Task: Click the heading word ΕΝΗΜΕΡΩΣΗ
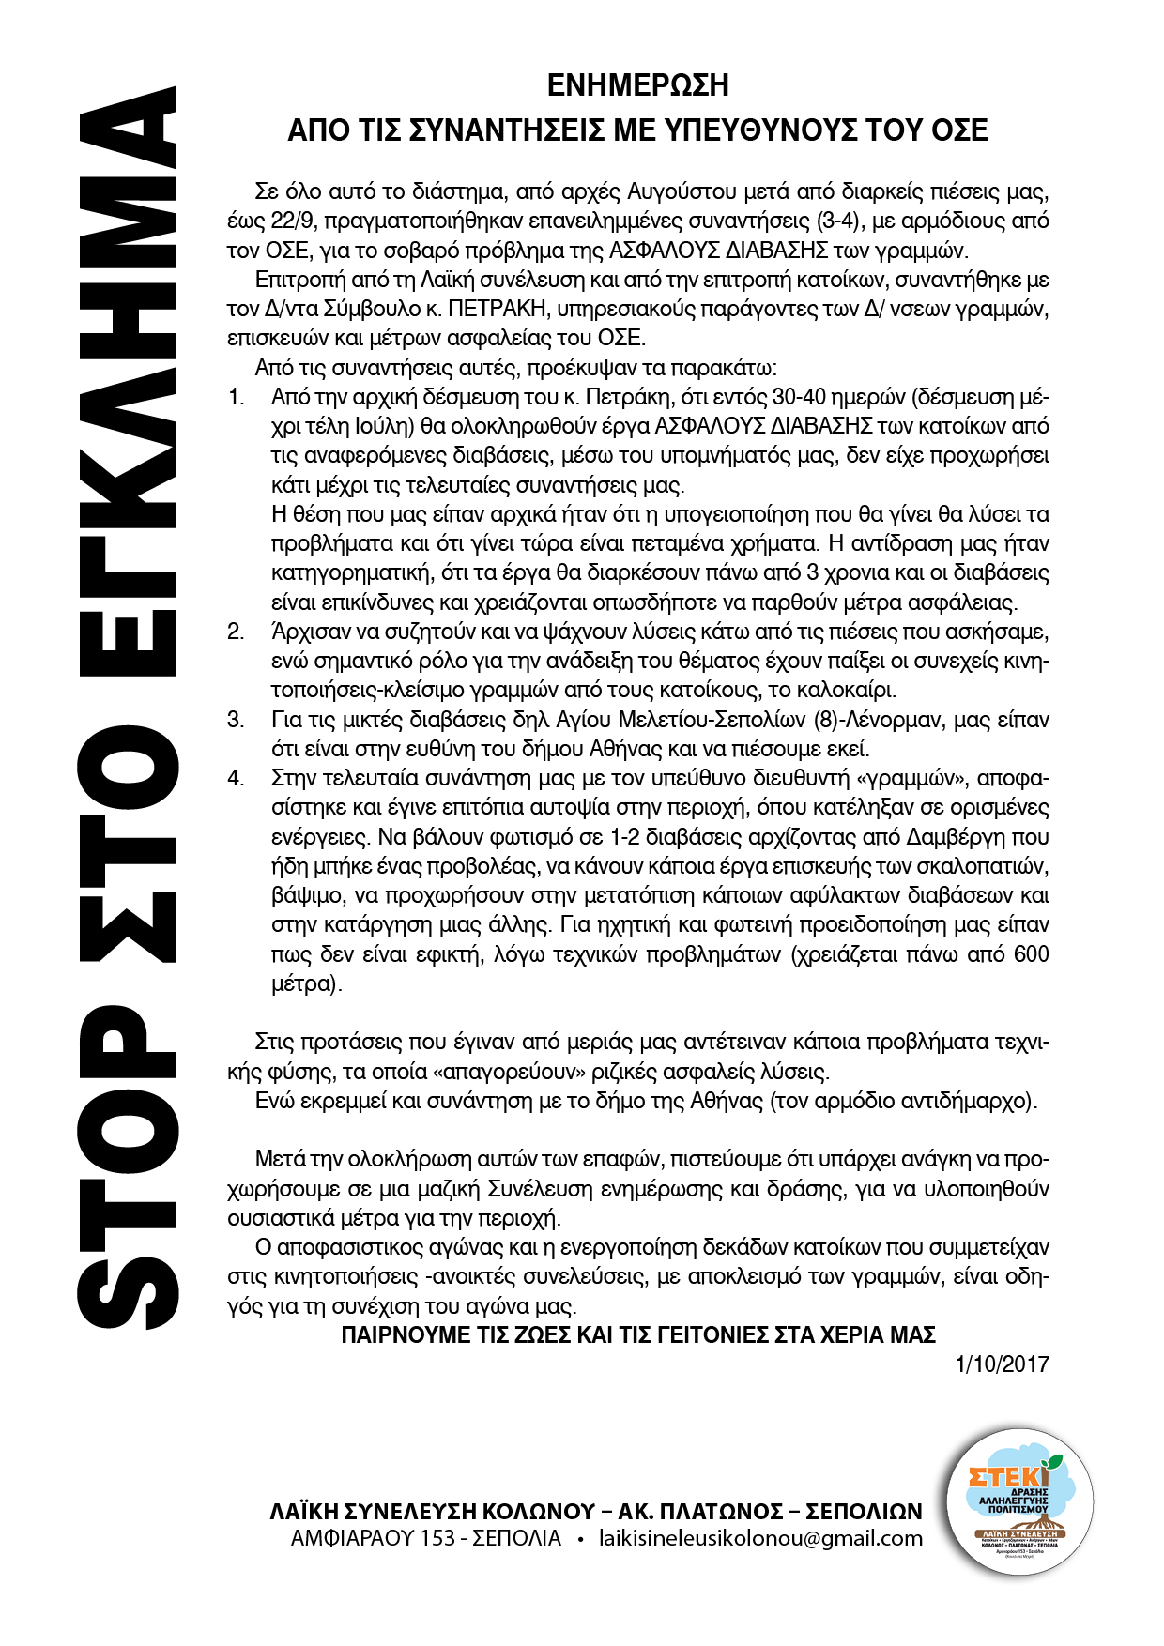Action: [x=637, y=85]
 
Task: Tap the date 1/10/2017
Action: [x=1002, y=1364]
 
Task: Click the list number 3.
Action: [x=235, y=720]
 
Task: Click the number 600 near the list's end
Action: [x=1031, y=954]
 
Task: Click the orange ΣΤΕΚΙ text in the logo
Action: [x=1006, y=1476]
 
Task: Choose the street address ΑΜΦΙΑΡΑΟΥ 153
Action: [x=374, y=1538]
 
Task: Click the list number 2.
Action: [x=235, y=632]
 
